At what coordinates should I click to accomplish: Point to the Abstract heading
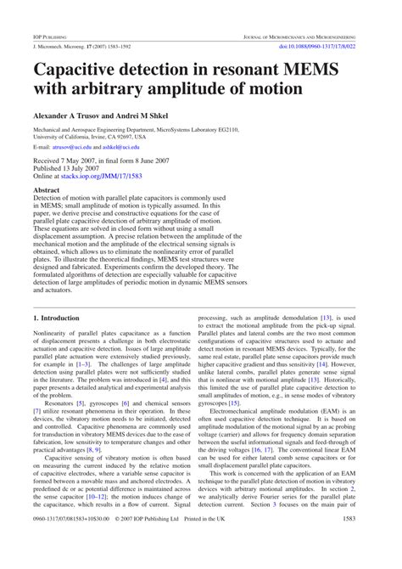(x=46, y=190)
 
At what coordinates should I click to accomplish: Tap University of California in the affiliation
(x=67, y=135)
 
